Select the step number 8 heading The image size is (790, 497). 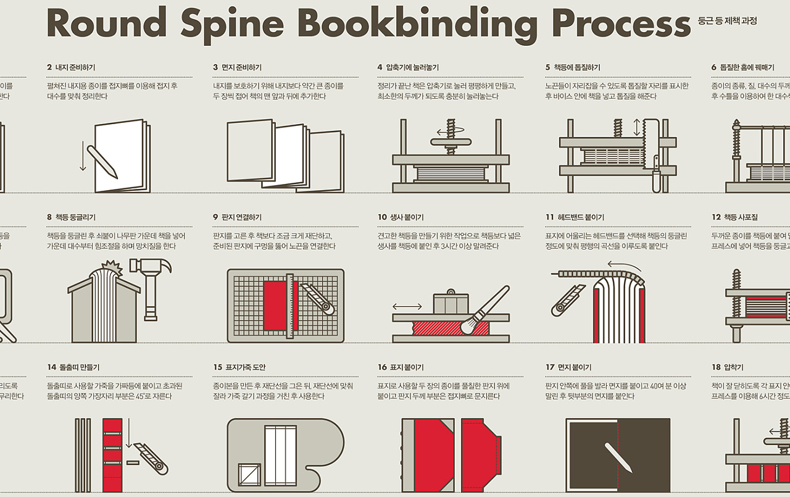(71, 217)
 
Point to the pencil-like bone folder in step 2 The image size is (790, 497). (102, 160)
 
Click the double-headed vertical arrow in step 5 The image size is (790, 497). (637, 128)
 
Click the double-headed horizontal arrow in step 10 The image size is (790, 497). (407, 306)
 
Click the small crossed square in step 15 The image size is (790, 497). (250, 475)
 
